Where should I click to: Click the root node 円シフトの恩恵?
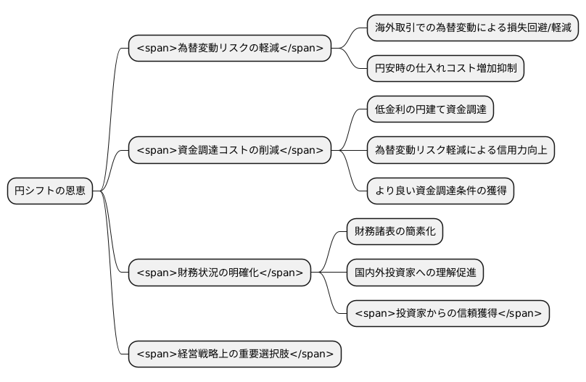tap(50, 191)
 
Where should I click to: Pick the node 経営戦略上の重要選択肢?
tap(234, 354)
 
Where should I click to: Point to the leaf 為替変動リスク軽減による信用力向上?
tap(461, 150)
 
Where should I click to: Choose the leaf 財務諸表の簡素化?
tap(395, 232)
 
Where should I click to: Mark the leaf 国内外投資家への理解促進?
tap(415, 273)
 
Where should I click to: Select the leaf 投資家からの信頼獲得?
tap(447, 313)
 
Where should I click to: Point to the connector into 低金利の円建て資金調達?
tap(351, 120)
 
